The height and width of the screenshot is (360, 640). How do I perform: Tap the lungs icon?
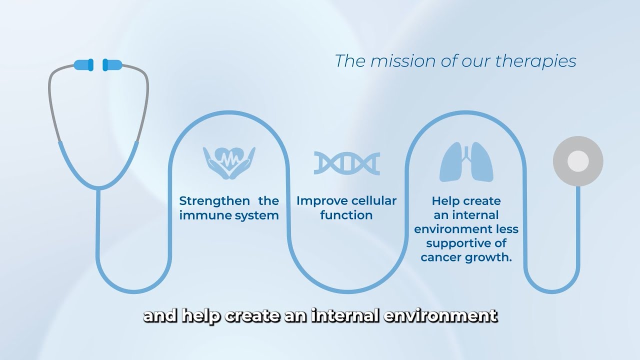tap(466, 161)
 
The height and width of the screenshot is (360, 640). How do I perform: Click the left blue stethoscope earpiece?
tap(83, 64)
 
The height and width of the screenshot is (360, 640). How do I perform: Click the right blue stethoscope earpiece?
tap(112, 64)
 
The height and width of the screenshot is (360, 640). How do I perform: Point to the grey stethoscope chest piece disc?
tap(578, 161)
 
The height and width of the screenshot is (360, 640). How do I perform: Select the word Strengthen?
tap(214, 201)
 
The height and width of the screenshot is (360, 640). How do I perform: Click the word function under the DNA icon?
tap(346, 215)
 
